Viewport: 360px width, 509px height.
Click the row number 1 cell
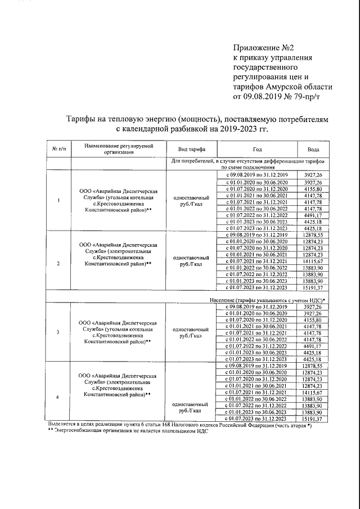[59, 201]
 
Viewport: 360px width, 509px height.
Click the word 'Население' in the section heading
[228, 300]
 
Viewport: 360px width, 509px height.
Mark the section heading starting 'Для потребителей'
[247, 164]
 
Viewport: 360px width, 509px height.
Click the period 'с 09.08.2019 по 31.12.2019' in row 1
[256, 175]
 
